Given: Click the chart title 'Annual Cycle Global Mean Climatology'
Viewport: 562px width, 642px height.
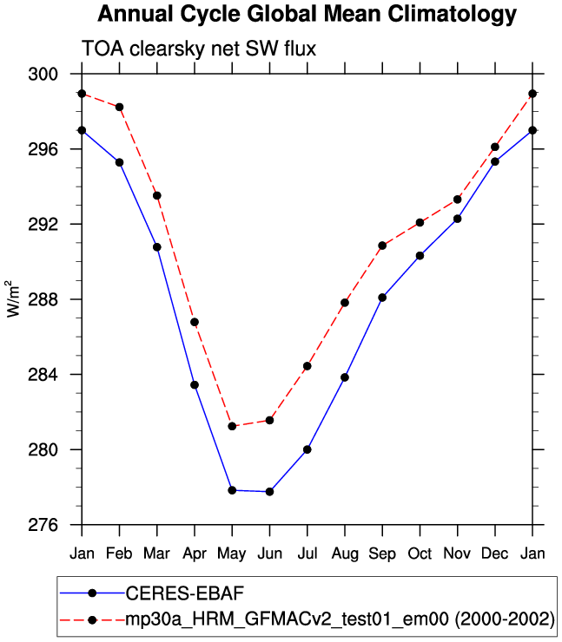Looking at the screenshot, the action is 307,15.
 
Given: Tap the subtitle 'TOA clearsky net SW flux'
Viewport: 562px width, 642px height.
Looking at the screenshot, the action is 199,49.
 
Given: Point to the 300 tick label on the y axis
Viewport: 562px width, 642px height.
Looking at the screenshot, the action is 43,74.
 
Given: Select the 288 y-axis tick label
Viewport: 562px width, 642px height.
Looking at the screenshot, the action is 43,299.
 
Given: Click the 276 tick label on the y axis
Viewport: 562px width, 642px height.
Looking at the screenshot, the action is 43,525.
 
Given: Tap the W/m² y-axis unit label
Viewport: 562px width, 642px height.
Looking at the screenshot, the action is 13,298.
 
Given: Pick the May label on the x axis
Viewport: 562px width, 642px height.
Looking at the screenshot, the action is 232,554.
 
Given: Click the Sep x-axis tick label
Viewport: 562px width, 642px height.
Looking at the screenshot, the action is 382,554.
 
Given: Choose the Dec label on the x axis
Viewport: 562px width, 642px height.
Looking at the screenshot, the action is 495,554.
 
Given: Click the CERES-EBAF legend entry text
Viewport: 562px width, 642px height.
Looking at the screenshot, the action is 185,593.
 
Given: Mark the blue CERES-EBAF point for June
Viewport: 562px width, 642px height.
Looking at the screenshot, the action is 270,491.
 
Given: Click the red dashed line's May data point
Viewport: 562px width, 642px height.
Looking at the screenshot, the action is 232,426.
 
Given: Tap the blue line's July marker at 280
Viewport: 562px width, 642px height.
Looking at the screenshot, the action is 307,449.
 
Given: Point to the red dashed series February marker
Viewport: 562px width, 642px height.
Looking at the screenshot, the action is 119,108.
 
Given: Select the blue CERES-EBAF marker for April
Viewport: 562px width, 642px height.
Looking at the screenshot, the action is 195,385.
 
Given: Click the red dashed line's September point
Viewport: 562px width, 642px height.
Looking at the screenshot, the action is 382,246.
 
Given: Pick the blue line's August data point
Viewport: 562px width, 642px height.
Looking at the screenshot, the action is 345,377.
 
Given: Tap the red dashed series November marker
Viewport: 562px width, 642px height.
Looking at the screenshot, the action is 458,200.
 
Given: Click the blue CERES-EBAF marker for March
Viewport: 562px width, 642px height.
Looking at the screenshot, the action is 157,247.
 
